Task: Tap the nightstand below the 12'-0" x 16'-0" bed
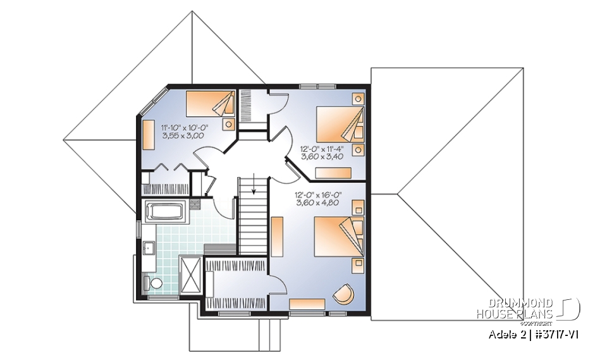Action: [x=359, y=262]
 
